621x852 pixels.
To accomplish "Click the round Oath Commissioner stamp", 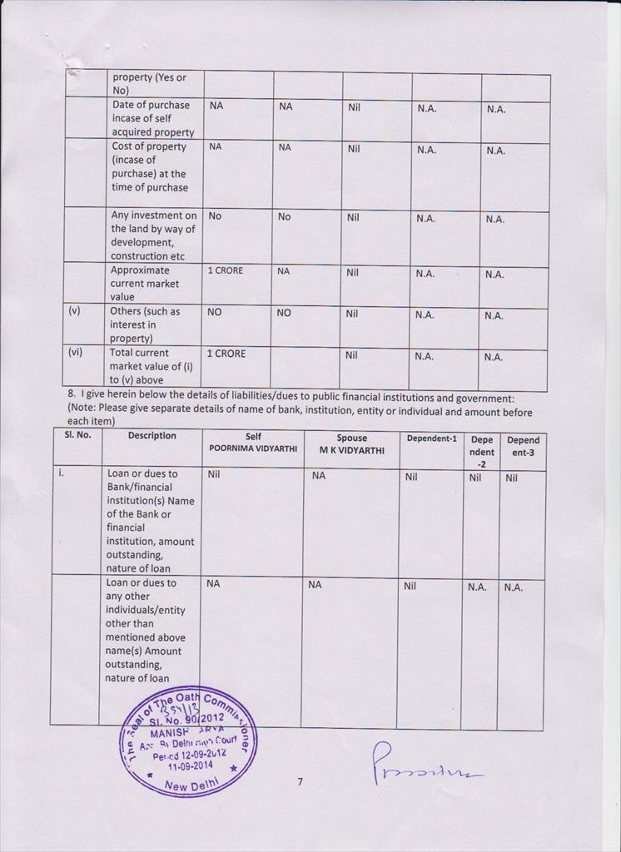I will click(188, 741).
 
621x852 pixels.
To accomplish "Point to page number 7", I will click(300, 781).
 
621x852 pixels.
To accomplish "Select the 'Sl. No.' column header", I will click(77, 435).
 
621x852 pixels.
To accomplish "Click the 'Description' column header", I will click(152, 435).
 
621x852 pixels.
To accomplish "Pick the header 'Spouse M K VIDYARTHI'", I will click(351, 443).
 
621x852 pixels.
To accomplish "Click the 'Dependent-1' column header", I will click(431, 438).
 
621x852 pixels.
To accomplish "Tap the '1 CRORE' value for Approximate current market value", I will click(225, 271).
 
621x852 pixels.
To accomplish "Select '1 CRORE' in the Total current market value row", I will click(226, 354).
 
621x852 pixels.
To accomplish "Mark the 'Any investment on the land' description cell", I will click(154, 235).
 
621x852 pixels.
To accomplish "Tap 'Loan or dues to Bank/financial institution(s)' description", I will click(150, 521).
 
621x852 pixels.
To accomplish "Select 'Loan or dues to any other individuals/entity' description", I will click(146, 630).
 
